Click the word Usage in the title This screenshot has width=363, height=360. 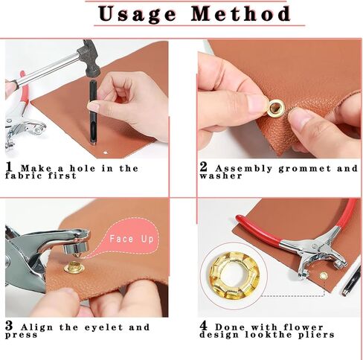(138, 13)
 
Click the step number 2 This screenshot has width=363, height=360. (202, 168)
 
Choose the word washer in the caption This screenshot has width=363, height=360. (219, 176)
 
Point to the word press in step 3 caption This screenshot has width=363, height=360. (22, 335)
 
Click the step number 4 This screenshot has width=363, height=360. (204, 326)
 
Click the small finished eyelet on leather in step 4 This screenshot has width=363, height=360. (324, 274)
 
